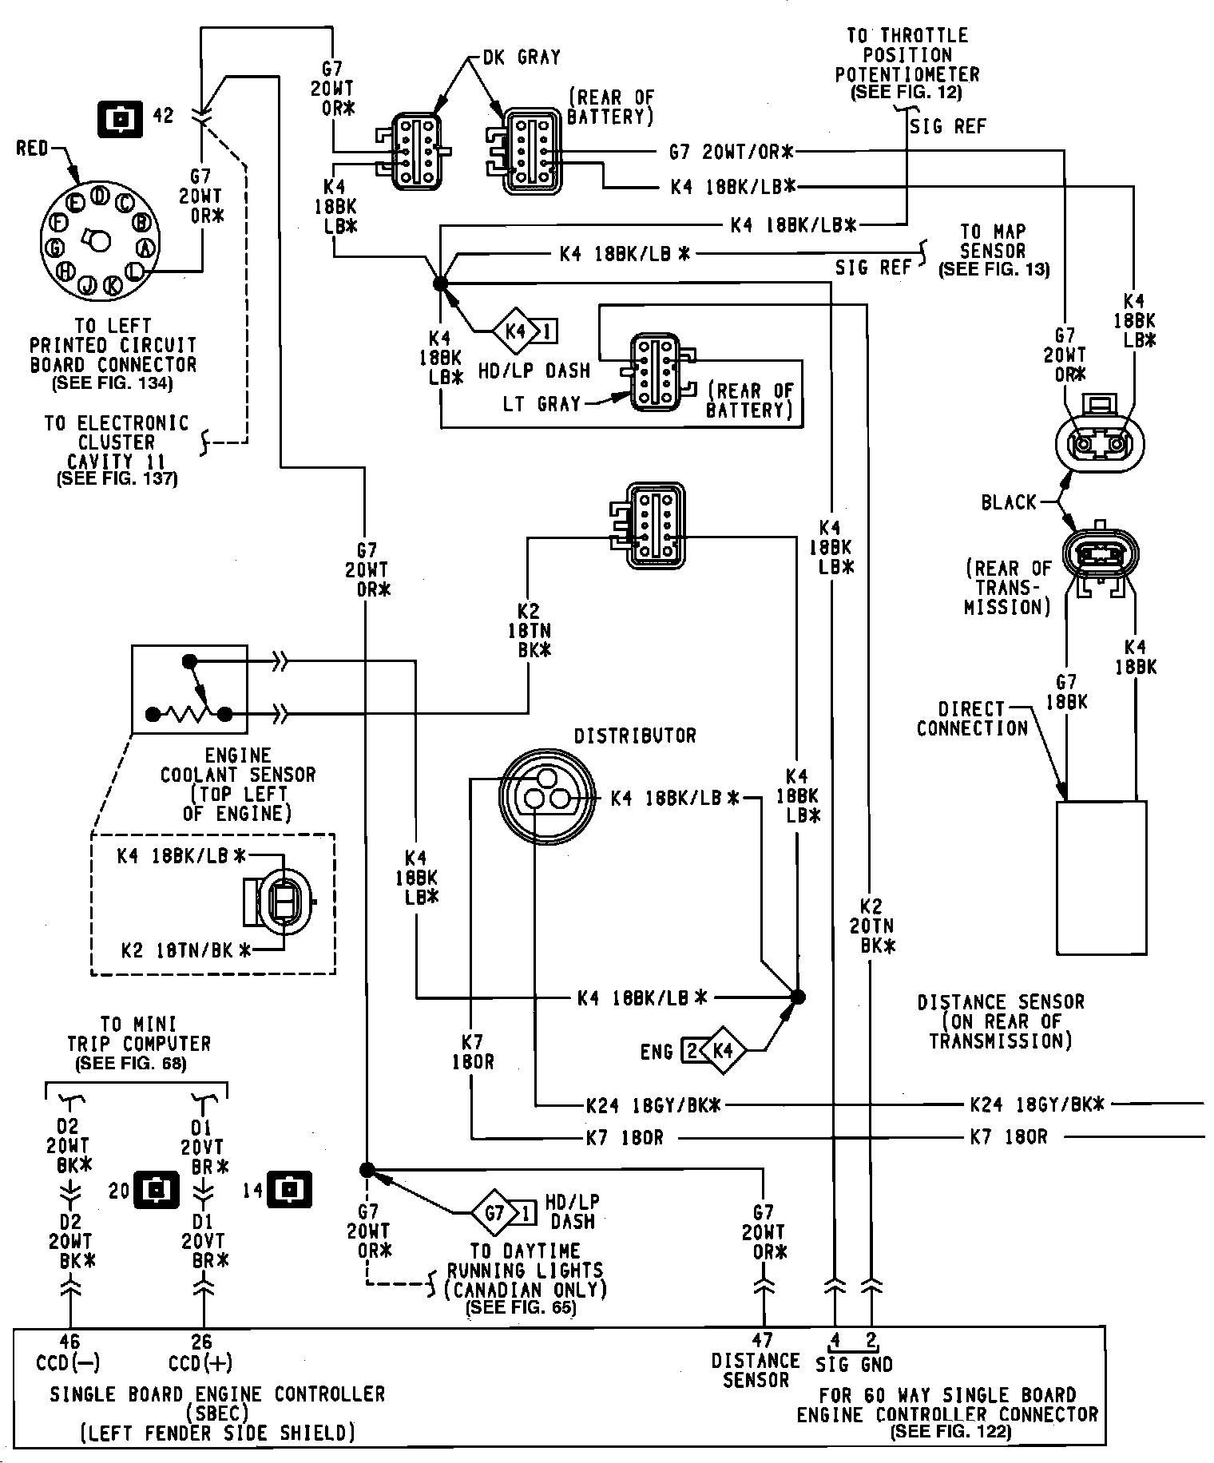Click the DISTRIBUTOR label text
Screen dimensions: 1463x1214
click(x=635, y=736)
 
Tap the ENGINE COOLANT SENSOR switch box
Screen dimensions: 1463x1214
click(x=189, y=689)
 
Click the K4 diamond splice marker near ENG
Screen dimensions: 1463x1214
click(x=723, y=1051)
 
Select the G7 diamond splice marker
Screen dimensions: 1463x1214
click(x=495, y=1214)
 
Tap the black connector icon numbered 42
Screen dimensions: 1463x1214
click(x=119, y=117)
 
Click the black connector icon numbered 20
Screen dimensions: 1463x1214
click(x=157, y=1191)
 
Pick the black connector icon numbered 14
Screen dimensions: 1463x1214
click(x=288, y=1191)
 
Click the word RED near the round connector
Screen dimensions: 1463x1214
click(x=33, y=149)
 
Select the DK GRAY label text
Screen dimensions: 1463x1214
click(x=522, y=57)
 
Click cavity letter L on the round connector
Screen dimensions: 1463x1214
click(x=136, y=272)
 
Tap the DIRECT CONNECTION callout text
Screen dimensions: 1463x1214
click(x=971, y=719)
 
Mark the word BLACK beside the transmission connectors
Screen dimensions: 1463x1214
click(x=1009, y=502)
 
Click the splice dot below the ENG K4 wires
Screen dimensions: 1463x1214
click(x=797, y=997)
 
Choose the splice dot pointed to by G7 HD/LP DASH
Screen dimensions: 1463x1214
click(x=367, y=1170)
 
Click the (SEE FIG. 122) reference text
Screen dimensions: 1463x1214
click(x=950, y=1432)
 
